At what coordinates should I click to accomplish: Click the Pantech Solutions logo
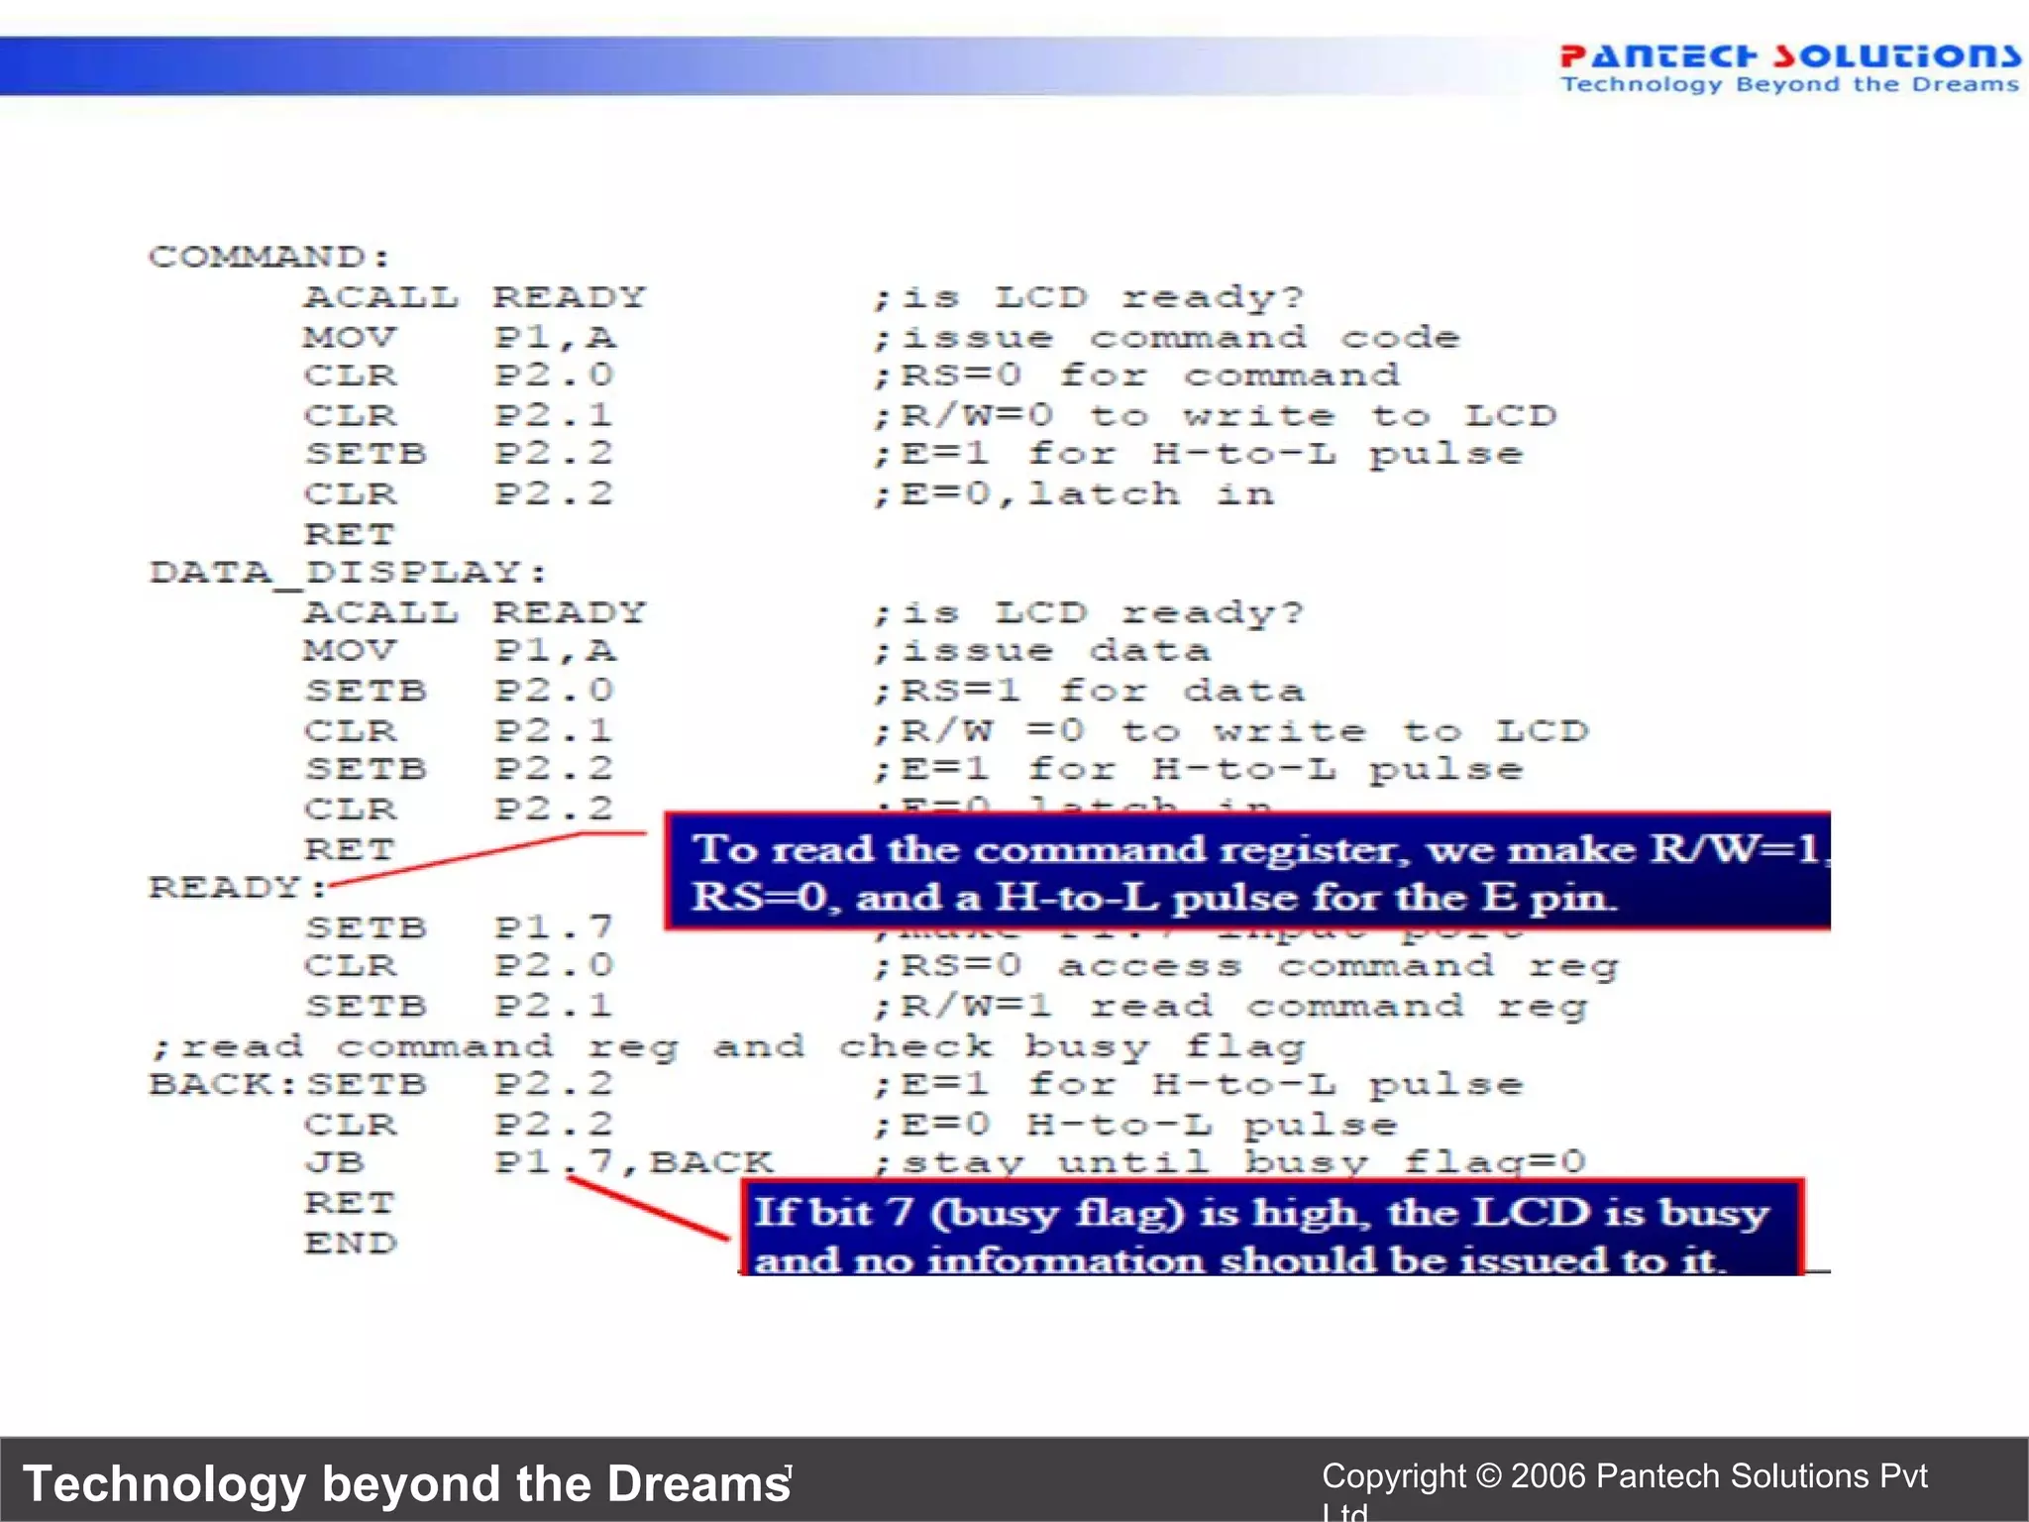[1788, 67]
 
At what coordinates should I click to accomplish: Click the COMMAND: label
[268, 257]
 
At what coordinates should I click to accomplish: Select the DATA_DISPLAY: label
[347, 572]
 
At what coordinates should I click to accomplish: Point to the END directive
[350, 1243]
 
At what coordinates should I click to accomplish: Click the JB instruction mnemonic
[335, 1162]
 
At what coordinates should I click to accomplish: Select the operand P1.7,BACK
[634, 1162]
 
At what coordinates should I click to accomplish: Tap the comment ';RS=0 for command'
[1135, 376]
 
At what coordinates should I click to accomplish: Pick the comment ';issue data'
[1040, 651]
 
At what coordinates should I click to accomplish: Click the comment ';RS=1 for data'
[1088, 691]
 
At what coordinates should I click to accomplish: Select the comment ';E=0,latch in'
[1073, 493]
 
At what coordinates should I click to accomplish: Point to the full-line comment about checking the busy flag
[728, 1046]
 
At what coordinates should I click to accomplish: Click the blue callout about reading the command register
[1246, 871]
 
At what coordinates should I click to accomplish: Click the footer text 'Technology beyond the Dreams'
[406, 1483]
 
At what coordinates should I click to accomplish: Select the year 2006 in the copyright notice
[1548, 1475]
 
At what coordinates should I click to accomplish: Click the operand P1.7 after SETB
[554, 927]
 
